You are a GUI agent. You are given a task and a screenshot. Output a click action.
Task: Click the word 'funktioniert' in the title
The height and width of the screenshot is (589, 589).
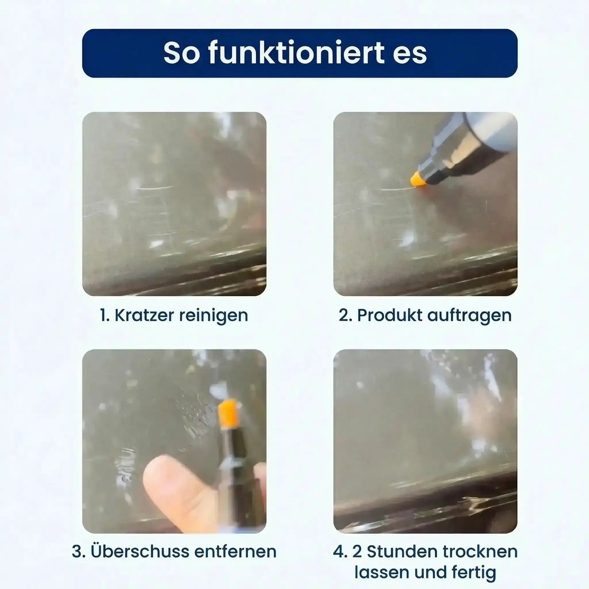coord(296,53)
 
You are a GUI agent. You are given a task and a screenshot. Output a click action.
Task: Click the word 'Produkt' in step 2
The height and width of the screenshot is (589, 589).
coord(389,315)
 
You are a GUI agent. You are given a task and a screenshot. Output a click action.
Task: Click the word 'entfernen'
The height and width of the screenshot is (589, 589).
coord(235,551)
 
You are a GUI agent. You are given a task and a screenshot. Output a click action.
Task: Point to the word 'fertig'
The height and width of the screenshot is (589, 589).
coord(474,572)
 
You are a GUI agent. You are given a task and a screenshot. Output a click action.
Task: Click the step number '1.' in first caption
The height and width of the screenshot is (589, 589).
coord(105,315)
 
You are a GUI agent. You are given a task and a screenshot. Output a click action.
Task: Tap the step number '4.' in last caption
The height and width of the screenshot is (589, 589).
coord(340,551)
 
